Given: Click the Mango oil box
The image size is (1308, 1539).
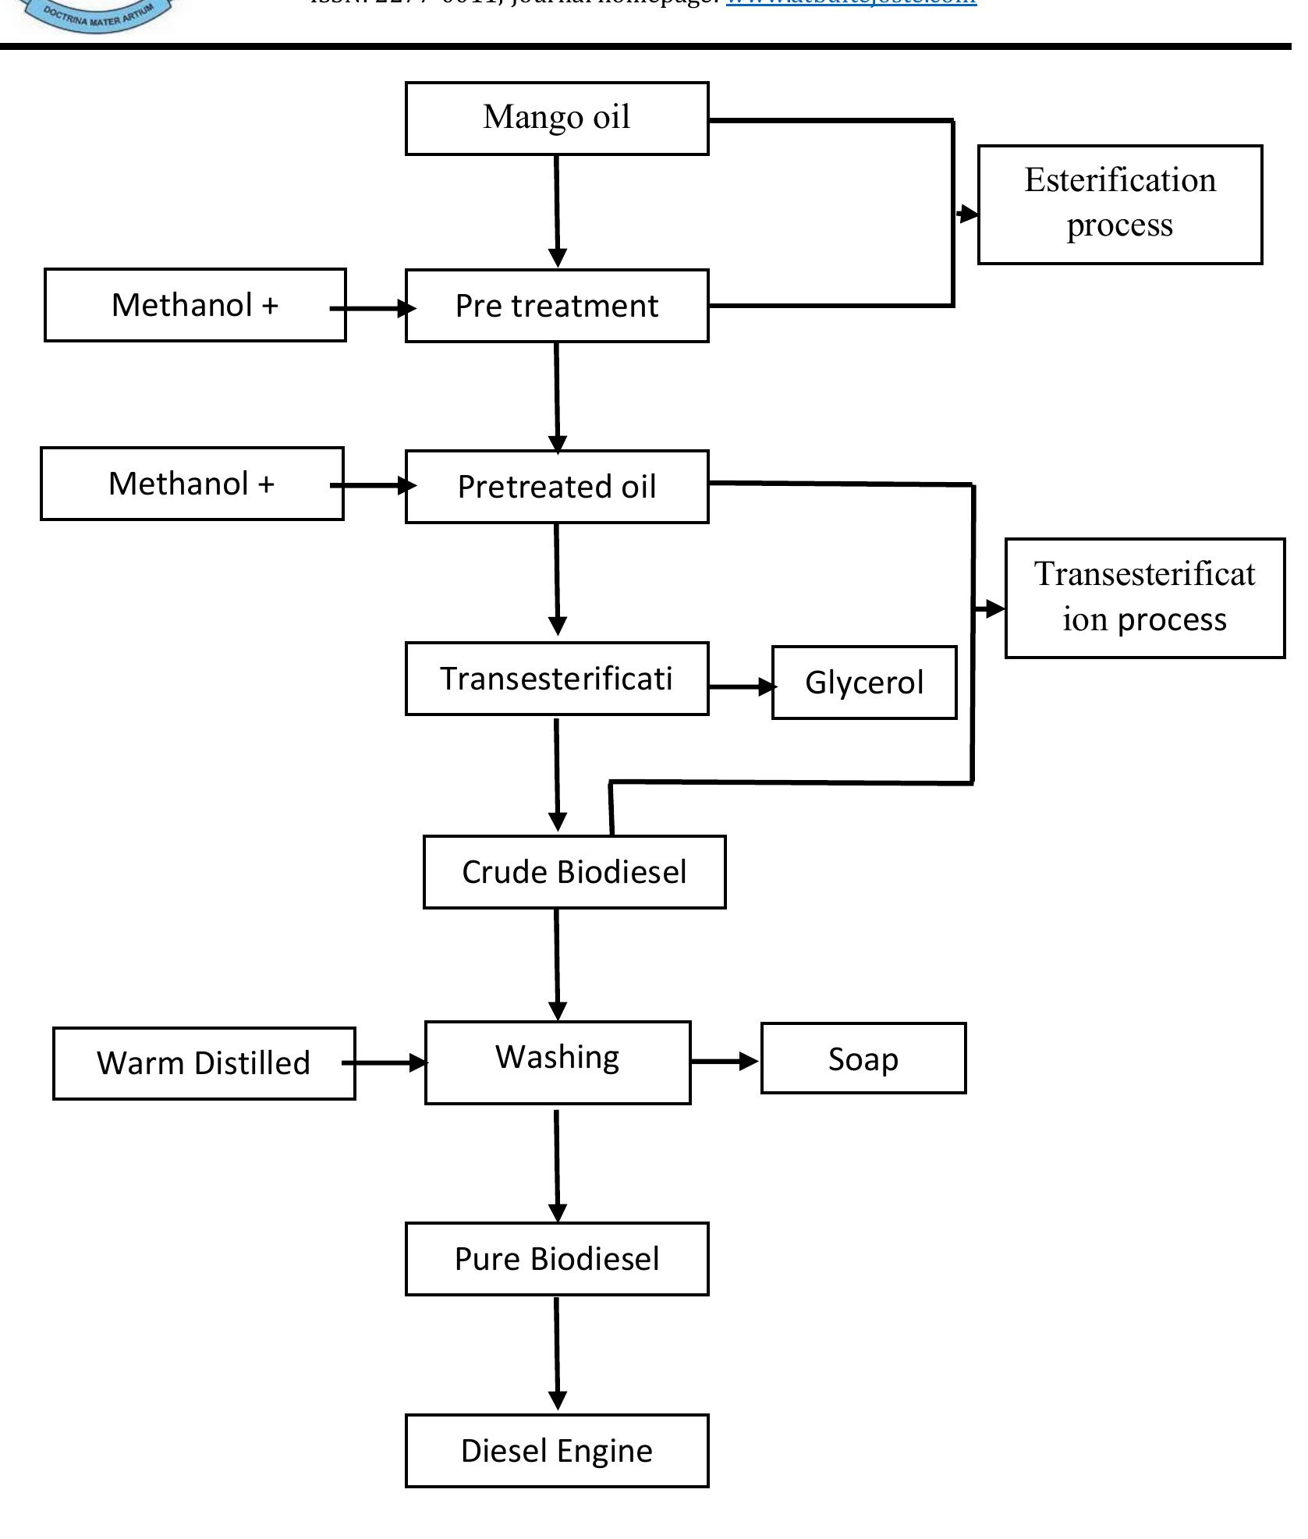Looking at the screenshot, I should coord(556,118).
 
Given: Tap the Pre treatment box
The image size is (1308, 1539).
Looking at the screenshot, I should coord(556,306).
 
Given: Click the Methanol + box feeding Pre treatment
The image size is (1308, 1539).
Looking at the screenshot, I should coord(194,305).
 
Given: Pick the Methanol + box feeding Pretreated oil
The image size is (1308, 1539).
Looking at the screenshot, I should coord(191,484).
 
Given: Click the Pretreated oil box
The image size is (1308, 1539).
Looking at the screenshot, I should coord(556,487).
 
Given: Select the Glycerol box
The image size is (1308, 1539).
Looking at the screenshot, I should coord(863,683).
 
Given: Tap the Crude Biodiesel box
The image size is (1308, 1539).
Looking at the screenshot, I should coord(574,872).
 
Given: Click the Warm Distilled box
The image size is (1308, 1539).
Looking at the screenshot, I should coord(204,1063).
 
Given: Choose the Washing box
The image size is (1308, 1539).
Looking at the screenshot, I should coord(557,1062).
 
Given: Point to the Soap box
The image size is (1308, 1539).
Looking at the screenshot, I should coord(863,1059).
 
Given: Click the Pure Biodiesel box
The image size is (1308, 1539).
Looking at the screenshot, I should coord(556,1259).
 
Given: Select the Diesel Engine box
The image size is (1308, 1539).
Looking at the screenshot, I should coord(556,1451).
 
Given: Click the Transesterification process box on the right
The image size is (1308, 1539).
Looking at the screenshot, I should coord(1144,598).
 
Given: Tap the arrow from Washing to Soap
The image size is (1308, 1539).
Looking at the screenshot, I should coord(725,1061).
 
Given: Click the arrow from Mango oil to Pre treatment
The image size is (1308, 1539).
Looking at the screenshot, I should coord(557,211).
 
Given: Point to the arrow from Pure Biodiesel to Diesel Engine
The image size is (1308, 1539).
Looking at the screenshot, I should coord(557,1353).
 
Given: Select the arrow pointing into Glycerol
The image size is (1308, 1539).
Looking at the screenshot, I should coord(741,686).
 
